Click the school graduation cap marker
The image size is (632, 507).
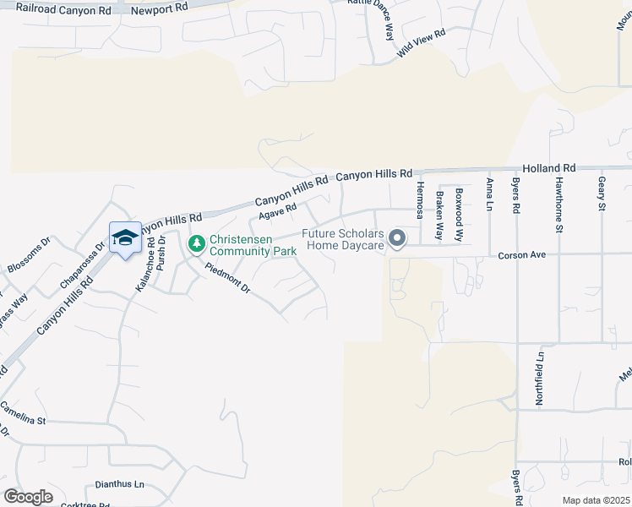point(125,237)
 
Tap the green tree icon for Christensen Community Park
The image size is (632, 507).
point(196,244)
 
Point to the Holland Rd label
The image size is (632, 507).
point(548,168)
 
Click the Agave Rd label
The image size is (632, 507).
point(278,210)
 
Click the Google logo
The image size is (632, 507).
point(28,496)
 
